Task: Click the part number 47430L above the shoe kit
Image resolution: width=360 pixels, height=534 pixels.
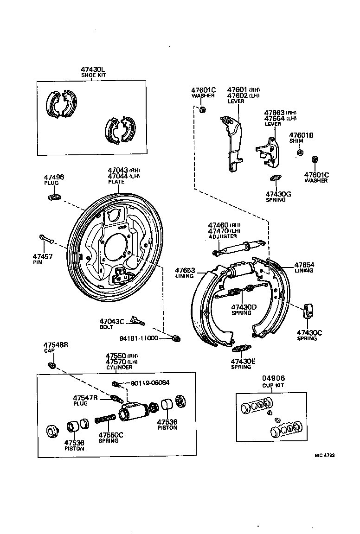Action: (x=93, y=69)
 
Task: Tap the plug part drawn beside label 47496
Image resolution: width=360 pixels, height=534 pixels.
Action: (x=54, y=197)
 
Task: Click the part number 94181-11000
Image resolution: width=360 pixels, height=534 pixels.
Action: (x=139, y=338)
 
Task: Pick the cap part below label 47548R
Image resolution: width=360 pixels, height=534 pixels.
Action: (x=52, y=365)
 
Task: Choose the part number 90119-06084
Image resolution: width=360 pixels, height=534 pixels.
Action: (x=150, y=383)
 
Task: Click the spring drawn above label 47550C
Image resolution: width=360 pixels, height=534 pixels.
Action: (x=106, y=418)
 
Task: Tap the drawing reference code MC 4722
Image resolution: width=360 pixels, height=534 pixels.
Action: (x=325, y=455)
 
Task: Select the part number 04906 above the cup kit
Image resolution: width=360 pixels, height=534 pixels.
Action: (x=273, y=378)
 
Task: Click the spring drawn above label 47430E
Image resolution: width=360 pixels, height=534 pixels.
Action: (x=242, y=349)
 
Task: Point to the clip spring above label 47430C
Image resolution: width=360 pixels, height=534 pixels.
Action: (x=309, y=310)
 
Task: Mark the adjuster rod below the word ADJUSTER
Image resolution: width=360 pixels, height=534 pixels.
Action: (x=238, y=248)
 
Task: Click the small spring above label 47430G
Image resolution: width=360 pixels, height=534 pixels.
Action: (x=275, y=178)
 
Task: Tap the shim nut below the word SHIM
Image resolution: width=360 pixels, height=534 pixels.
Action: (x=300, y=152)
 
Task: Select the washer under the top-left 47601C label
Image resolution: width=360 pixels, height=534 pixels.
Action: (x=202, y=110)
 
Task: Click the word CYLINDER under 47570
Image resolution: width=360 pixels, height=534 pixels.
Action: (x=119, y=368)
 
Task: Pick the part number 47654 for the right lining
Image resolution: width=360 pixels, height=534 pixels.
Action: (x=304, y=265)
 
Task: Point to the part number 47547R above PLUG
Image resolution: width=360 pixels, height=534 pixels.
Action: (x=85, y=398)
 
